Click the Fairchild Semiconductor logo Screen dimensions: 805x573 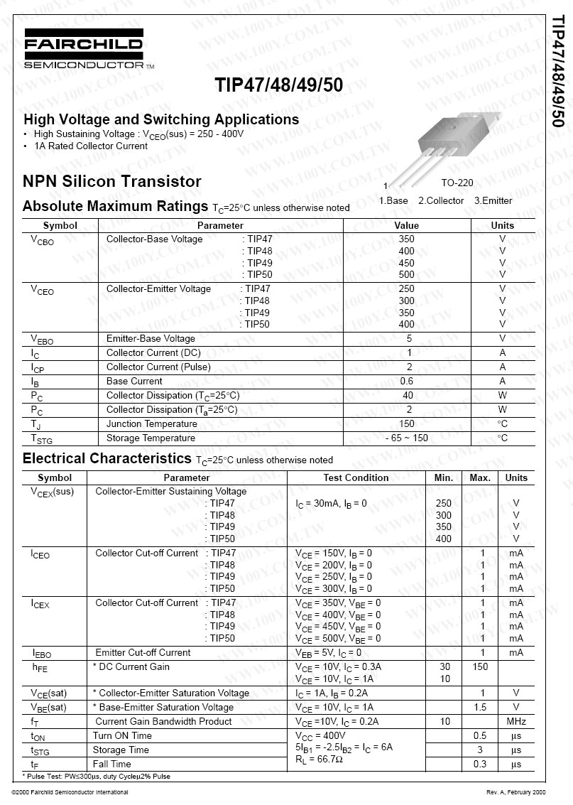(84, 49)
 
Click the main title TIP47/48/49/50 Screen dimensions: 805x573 (278, 85)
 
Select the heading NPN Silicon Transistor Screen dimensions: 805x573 (112, 181)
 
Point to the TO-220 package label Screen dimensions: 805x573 (457, 183)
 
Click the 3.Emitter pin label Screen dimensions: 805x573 (493, 200)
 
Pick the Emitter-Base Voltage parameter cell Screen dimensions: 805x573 (151, 338)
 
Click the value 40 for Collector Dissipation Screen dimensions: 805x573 (408, 395)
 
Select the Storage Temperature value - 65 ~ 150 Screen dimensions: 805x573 (407, 438)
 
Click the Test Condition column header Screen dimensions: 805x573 (356, 477)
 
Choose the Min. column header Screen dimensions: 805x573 (444, 477)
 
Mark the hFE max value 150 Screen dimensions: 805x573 (480, 666)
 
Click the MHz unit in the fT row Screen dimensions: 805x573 (516, 721)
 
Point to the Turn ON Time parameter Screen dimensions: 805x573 (122, 735)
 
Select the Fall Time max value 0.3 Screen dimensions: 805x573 (480, 764)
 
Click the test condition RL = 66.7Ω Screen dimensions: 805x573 (319, 760)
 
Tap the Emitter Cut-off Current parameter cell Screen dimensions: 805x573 (143, 652)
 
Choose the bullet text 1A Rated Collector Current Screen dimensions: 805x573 (91, 146)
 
